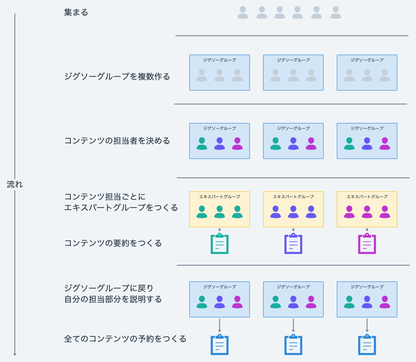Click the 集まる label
(76, 12)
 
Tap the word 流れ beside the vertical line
(15, 184)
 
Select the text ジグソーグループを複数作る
(117, 77)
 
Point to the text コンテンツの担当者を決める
(117, 141)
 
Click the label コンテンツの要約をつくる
(113, 243)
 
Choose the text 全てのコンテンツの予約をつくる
(125, 339)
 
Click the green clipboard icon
(219, 243)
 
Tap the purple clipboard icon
(293, 243)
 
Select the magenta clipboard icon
(367, 243)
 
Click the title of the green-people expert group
(219, 197)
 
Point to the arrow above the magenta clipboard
(367, 230)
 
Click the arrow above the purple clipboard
(293, 230)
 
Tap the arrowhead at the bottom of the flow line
(15, 354)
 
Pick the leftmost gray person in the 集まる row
(243, 12)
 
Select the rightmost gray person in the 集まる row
(336, 12)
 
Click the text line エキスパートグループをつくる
(121, 208)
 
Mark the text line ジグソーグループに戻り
(109, 288)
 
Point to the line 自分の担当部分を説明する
(113, 299)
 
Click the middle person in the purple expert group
(293, 212)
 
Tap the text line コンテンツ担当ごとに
(105, 197)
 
